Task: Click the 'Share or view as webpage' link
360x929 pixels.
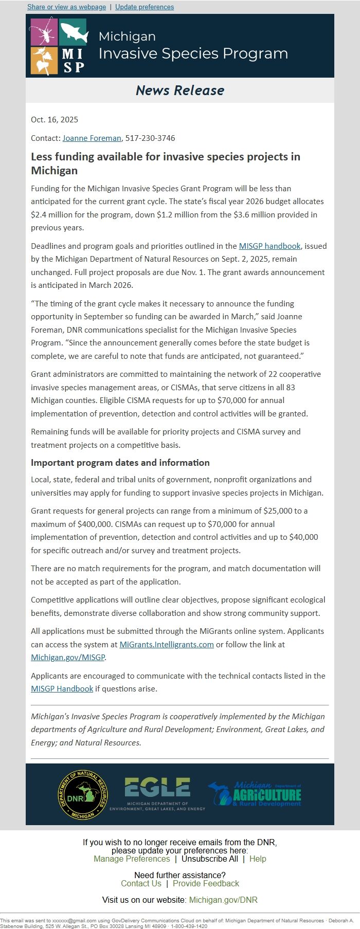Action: [66, 7]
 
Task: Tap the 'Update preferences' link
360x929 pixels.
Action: [145, 7]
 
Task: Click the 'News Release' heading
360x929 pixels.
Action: [180, 90]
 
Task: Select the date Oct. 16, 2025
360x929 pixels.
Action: [55, 120]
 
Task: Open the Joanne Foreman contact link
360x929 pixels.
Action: [92, 138]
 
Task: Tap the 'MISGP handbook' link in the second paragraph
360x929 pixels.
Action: [269, 246]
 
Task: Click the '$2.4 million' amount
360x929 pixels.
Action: [53, 214]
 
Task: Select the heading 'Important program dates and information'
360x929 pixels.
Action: [120, 463]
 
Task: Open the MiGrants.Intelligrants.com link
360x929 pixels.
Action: [167, 644]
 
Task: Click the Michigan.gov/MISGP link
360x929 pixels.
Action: [68, 658]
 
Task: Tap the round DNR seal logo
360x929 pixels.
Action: [83, 795]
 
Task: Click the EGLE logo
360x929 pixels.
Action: [157, 794]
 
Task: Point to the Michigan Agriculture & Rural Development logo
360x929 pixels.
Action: [255, 794]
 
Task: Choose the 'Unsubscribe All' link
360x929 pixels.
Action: [210, 859]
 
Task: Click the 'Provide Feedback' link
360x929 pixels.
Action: [206, 883]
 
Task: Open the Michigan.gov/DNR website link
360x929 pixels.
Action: [223, 900]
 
